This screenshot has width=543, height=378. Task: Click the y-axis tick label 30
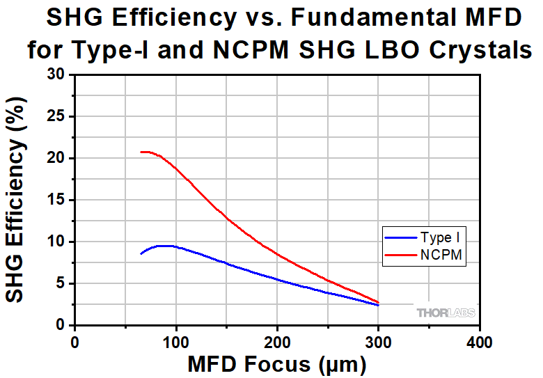pos(56,74)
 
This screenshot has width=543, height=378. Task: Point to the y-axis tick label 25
pos(56,116)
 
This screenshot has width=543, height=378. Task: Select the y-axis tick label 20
pos(56,158)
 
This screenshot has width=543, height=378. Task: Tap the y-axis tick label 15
pos(56,200)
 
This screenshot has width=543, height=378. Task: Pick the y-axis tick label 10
pos(56,242)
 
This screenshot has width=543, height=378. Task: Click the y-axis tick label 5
pos(61,283)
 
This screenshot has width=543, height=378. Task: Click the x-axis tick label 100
pos(176,342)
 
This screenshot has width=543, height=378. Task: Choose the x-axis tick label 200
pos(277,342)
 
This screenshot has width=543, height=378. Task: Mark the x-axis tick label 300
pos(379,342)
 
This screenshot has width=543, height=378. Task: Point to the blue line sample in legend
pos(400,238)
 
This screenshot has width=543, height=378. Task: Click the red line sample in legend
pos(400,255)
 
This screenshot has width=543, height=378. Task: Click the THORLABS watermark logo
pos(446,313)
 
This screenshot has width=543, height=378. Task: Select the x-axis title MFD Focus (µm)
pos(276,364)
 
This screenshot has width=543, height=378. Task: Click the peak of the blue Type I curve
pos(165,246)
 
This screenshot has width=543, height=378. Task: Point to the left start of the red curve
pos(141,152)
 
